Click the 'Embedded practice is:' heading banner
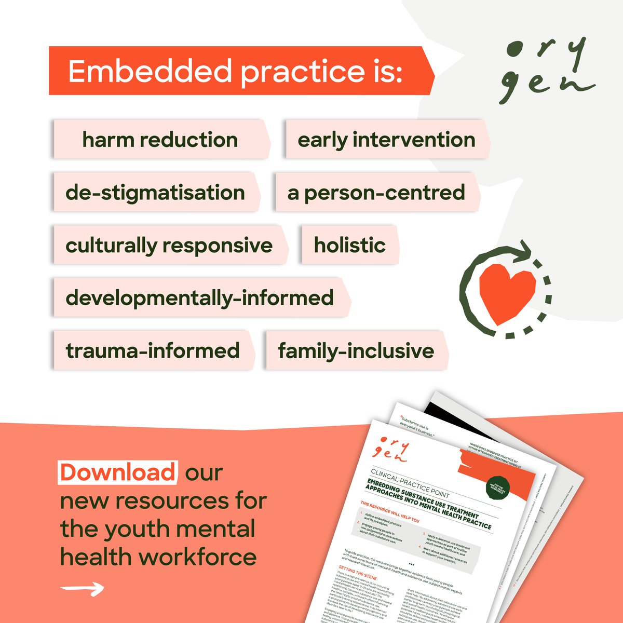coord(236,71)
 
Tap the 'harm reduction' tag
coord(160,140)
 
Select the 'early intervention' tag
coord(386,140)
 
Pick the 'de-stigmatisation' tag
coord(155,193)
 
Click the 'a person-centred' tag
coord(376,193)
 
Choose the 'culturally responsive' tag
coord(169,245)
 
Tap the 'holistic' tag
coord(350,245)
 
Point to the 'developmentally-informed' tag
coord(200,298)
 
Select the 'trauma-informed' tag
coord(153,350)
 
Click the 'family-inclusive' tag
coord(356,350)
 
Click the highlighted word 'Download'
coord(118,472)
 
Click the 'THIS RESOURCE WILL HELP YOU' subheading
coord(389,512)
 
